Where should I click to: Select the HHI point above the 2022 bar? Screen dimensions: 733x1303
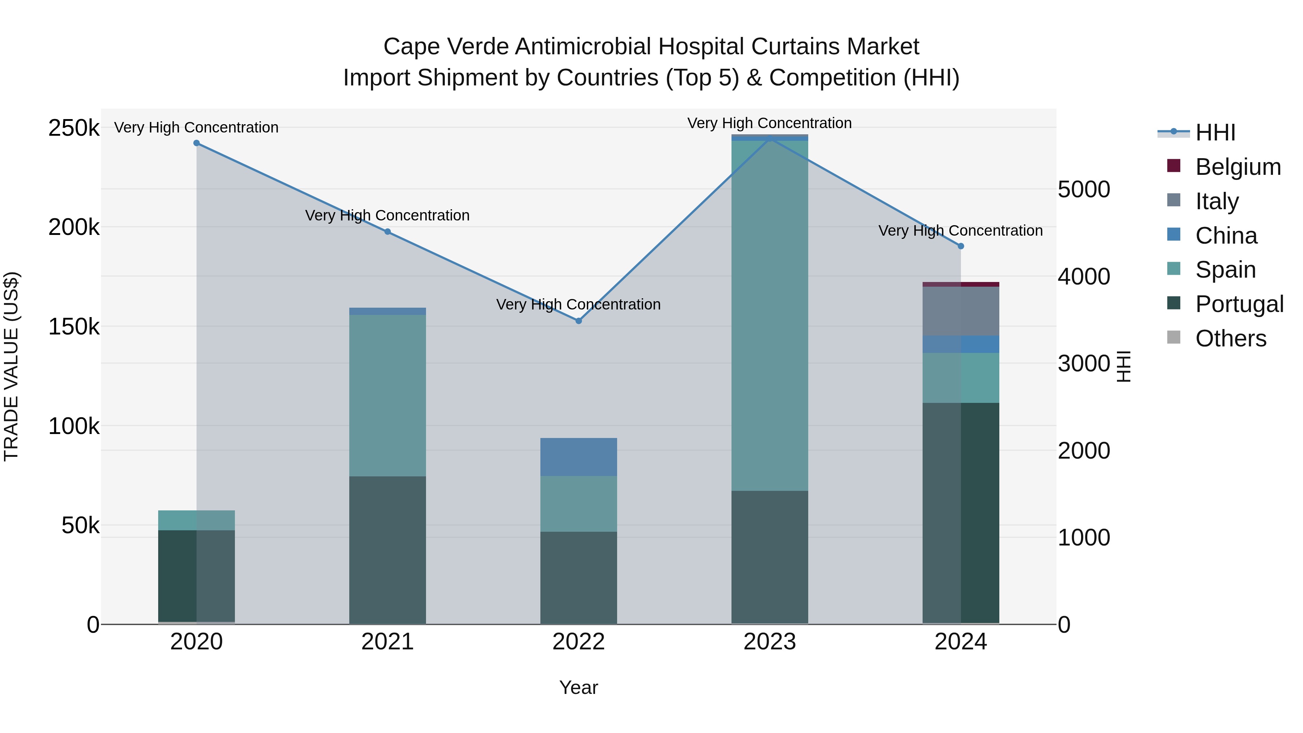point(579,321)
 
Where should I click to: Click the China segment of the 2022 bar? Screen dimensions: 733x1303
point(579,457)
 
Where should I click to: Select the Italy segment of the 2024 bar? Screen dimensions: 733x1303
point(961,311)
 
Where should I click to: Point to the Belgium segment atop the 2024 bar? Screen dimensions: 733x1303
point(961,284)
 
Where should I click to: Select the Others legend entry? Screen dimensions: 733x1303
point(1231,338)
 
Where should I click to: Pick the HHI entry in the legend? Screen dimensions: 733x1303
point(1215,132)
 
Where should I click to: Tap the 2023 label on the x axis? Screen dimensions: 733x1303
point(770,642)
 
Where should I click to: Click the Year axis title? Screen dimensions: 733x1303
point(579,687)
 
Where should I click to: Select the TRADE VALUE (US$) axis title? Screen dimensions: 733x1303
point(11,366)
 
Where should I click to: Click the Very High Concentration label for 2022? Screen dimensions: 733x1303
point(579,304)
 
